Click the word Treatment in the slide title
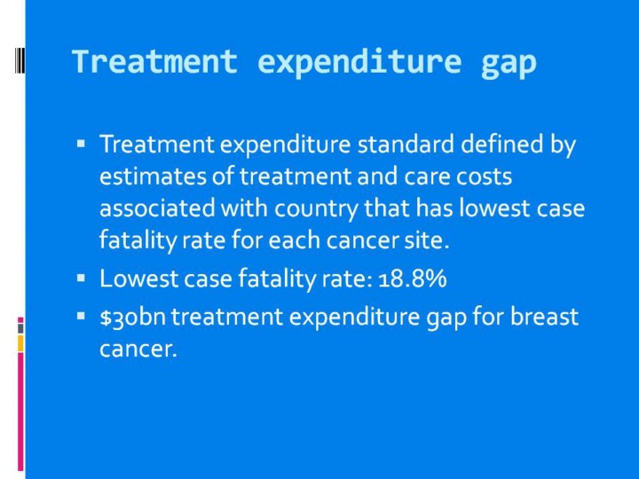coord(154,61)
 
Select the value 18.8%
coord(413,279)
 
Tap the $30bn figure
coord(133,317)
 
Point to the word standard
coord(406,144)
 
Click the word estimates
coord(153,177)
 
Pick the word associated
coord(157,208)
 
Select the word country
coord(316,209)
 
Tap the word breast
coord(544,317)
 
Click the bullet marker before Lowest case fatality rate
coord(81,278)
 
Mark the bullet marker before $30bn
coord(81,316)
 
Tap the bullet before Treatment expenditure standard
coord(81,144)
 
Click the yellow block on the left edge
coord(20,343)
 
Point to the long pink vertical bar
coord(20,412)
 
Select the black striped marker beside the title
coord(20,60)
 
